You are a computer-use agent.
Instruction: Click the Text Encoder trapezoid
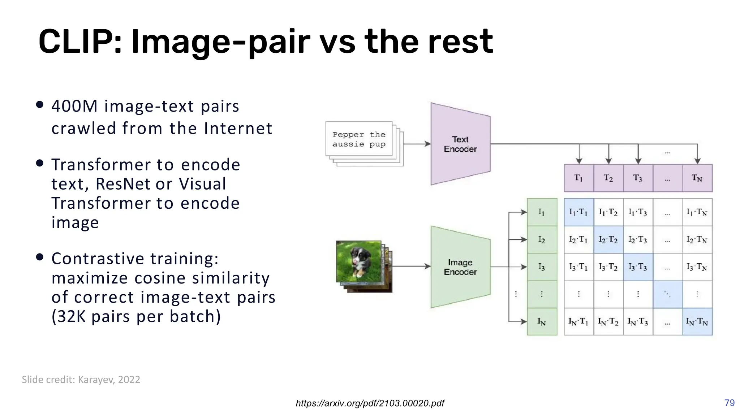click(460, 144)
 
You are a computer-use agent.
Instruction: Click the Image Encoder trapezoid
click(460, 267)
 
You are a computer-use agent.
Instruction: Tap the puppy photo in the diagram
click(358, 261)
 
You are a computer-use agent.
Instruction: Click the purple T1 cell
click(579, 178)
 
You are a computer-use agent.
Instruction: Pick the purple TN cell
click(697, 178)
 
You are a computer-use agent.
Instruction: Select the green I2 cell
click(542, 239)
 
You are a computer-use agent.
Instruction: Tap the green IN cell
click(542, 321)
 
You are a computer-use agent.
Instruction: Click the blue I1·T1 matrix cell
click(578, 212)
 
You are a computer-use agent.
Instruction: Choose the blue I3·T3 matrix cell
click(638, 267)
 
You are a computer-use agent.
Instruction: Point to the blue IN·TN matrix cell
click(697, 321)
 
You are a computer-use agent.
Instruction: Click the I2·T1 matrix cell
click(578, 239)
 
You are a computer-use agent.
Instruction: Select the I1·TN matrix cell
click(697, 212)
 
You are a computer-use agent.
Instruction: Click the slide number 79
click(729, 403)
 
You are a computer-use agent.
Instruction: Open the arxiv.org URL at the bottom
click(370, 403)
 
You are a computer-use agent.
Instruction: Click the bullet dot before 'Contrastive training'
click(40, 257)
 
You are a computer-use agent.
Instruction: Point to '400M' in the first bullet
click(74, 106)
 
